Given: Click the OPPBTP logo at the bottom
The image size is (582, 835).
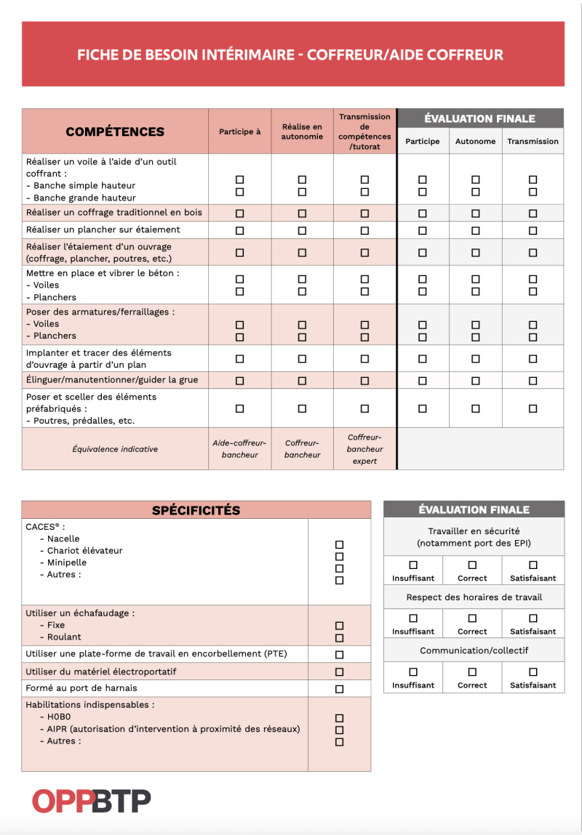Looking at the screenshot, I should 91,801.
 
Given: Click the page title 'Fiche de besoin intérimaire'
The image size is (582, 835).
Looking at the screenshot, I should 290,55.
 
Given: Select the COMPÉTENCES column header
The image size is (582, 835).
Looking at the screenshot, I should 115,132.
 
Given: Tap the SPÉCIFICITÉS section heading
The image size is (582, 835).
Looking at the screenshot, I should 196,510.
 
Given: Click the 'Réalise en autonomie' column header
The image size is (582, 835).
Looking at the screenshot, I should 302,132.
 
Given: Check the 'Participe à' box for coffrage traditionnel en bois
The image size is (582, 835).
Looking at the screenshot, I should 239,214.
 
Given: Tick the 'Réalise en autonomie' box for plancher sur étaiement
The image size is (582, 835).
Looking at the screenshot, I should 302,230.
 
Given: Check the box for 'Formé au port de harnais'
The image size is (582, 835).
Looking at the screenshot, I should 339,689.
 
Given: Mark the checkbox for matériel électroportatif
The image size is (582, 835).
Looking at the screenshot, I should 339,672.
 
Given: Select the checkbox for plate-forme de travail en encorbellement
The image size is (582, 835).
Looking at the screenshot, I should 339,655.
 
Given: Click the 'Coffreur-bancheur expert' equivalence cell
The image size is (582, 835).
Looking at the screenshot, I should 364,449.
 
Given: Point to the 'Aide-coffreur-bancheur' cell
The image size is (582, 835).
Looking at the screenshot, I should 239,449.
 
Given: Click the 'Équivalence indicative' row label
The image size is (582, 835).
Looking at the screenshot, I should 115,449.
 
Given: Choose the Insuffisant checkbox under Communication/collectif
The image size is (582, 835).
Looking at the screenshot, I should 413,672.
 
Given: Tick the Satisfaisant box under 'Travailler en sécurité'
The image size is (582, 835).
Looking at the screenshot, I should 533,565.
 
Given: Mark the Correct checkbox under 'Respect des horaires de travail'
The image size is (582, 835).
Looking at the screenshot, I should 472,618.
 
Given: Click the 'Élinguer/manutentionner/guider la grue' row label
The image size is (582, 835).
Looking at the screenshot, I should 112,380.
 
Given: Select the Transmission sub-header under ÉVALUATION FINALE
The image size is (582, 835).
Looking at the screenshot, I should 533,142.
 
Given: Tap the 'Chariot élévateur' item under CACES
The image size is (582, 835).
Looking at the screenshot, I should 84,551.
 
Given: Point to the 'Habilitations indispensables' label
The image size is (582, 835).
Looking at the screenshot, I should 89,705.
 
